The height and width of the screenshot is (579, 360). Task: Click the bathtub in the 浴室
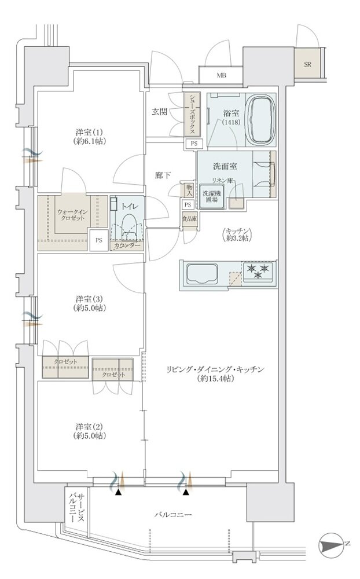(260, 120)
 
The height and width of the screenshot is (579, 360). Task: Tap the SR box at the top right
(307, 64)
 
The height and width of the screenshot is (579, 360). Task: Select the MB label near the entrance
(221, 76)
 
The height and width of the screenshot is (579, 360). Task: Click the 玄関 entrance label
(159, 112)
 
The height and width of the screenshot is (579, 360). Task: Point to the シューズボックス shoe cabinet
(192, 115)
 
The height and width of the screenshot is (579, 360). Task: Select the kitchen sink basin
(201, 274)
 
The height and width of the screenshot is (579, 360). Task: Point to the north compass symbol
(330, 543)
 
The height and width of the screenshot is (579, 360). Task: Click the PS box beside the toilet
(99, 240)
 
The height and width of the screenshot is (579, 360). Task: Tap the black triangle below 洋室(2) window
(118, 492)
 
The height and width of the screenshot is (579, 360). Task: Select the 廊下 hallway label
(163, 176)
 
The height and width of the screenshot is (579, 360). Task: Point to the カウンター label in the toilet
(127, 246)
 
